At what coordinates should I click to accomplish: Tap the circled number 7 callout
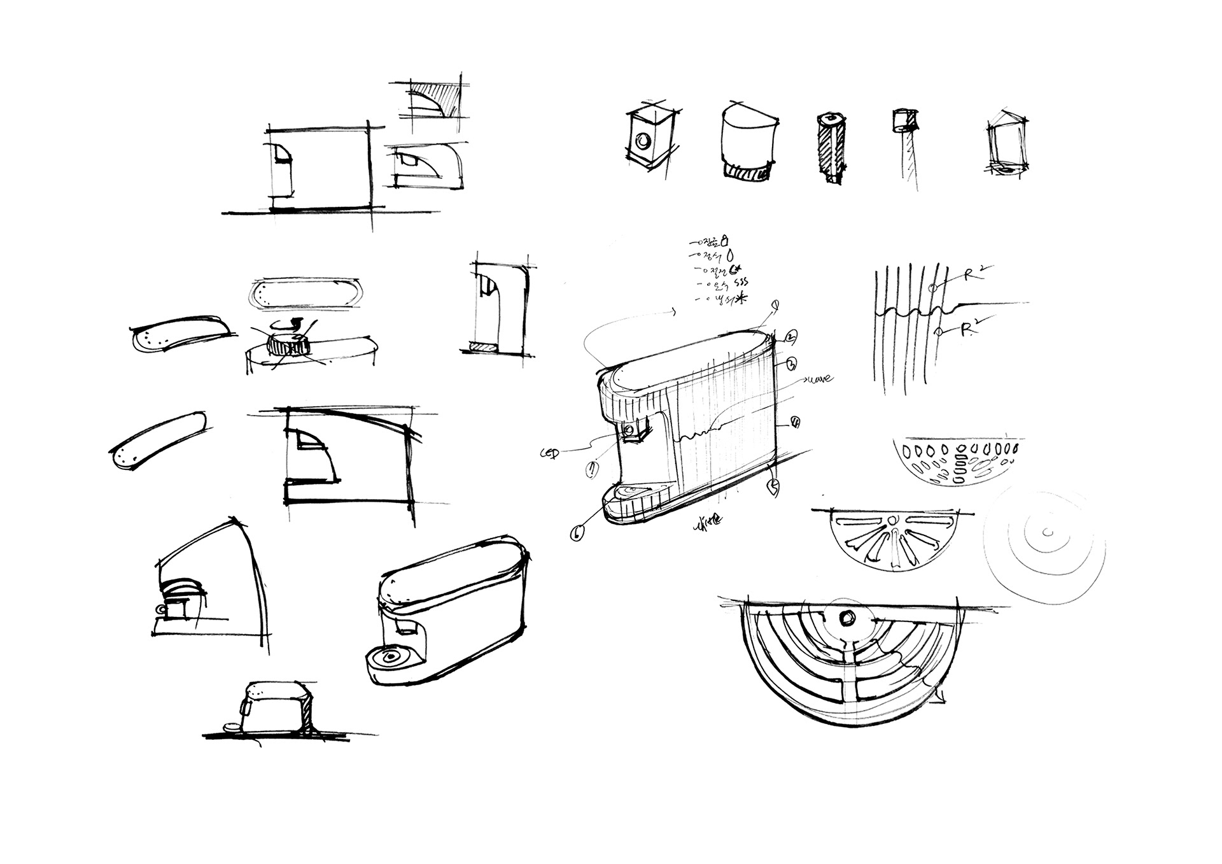593,469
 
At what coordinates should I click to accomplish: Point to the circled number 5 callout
774,488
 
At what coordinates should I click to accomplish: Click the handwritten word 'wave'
820,379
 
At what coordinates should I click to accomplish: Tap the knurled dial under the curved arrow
288,346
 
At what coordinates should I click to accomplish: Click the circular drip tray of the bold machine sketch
391,656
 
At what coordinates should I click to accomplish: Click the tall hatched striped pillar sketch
831,148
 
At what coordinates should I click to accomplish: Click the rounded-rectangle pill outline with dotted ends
304,295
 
